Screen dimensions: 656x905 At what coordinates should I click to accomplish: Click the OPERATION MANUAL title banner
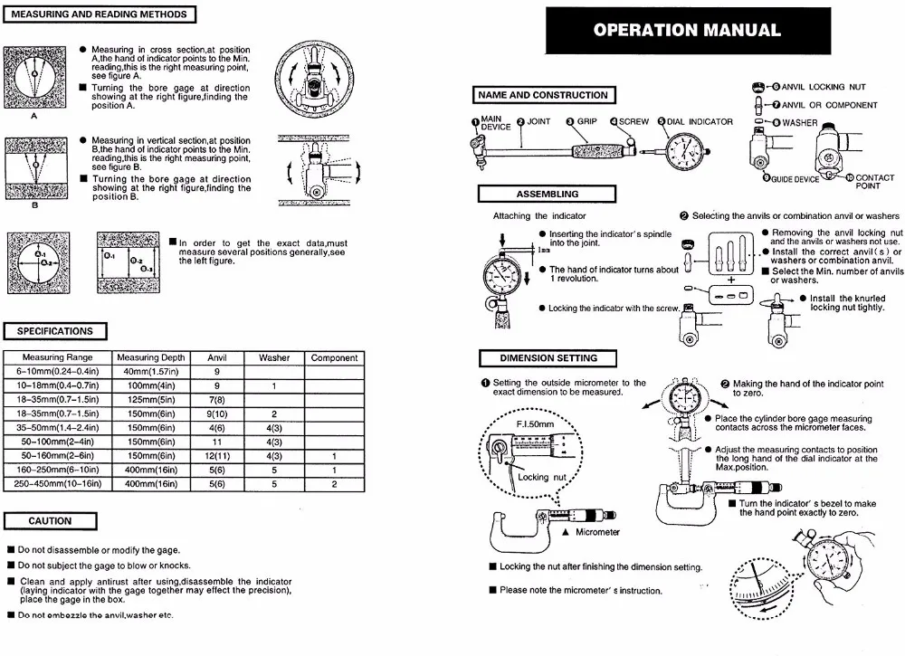point(687,30)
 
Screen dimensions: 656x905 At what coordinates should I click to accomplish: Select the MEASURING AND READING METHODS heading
point(100,14)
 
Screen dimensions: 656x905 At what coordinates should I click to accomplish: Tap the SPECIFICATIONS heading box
point(55,331)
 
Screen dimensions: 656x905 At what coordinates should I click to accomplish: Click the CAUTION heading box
point(50,521)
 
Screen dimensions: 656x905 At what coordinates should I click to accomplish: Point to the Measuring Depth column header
point(151,358)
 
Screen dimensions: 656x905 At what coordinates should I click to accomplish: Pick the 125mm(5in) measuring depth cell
point(151,400)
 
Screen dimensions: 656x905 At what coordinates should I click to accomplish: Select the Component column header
point(334,358)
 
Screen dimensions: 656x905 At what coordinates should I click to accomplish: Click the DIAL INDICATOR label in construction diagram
point(700,121)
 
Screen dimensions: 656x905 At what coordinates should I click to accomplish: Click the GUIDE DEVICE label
point(795,179)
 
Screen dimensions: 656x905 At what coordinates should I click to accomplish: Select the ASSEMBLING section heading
point(547,194)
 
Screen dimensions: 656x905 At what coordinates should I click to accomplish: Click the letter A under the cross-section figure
point(34,117)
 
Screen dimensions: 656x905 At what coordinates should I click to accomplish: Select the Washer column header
point(274,358)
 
